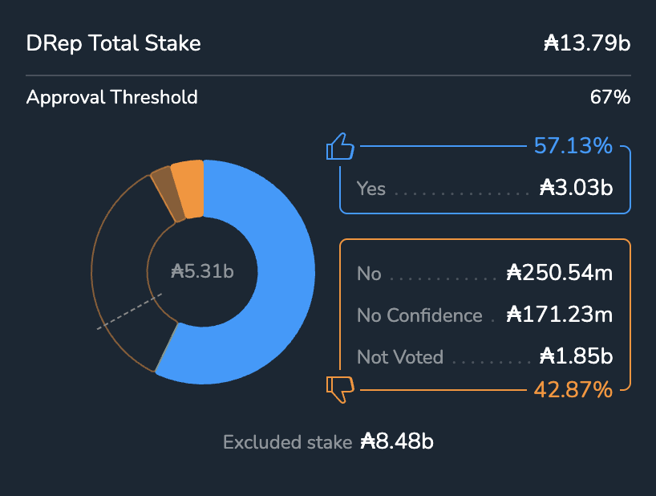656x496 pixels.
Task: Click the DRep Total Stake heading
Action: pos(113,43)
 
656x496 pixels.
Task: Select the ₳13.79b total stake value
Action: pos(586,43)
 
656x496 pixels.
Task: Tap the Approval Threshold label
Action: pos(111,98)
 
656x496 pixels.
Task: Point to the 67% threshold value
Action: pos(610,98)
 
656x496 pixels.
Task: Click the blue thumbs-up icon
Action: pos(340,148)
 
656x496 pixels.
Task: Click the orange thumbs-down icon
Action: pos(340,389)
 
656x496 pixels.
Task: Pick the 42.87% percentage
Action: pos(573,390)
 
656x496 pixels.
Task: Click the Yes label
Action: pos(371,189)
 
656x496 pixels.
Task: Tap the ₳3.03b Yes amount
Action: pos(576,189)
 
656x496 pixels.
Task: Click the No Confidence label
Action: pos(419,315)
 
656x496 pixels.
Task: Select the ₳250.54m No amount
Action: pos(560,274)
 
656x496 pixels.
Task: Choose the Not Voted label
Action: pos(399,357)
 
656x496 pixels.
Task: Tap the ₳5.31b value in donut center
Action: pos(203,271)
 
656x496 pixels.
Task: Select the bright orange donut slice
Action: pos(188,189)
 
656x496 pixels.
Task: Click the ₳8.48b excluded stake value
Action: pos(397,441)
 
